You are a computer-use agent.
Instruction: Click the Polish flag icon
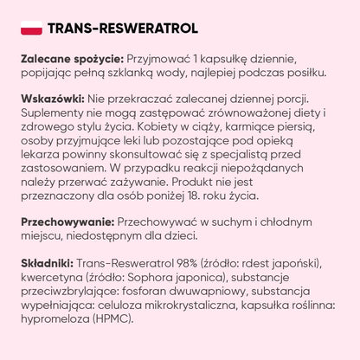(x=28, y=29)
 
